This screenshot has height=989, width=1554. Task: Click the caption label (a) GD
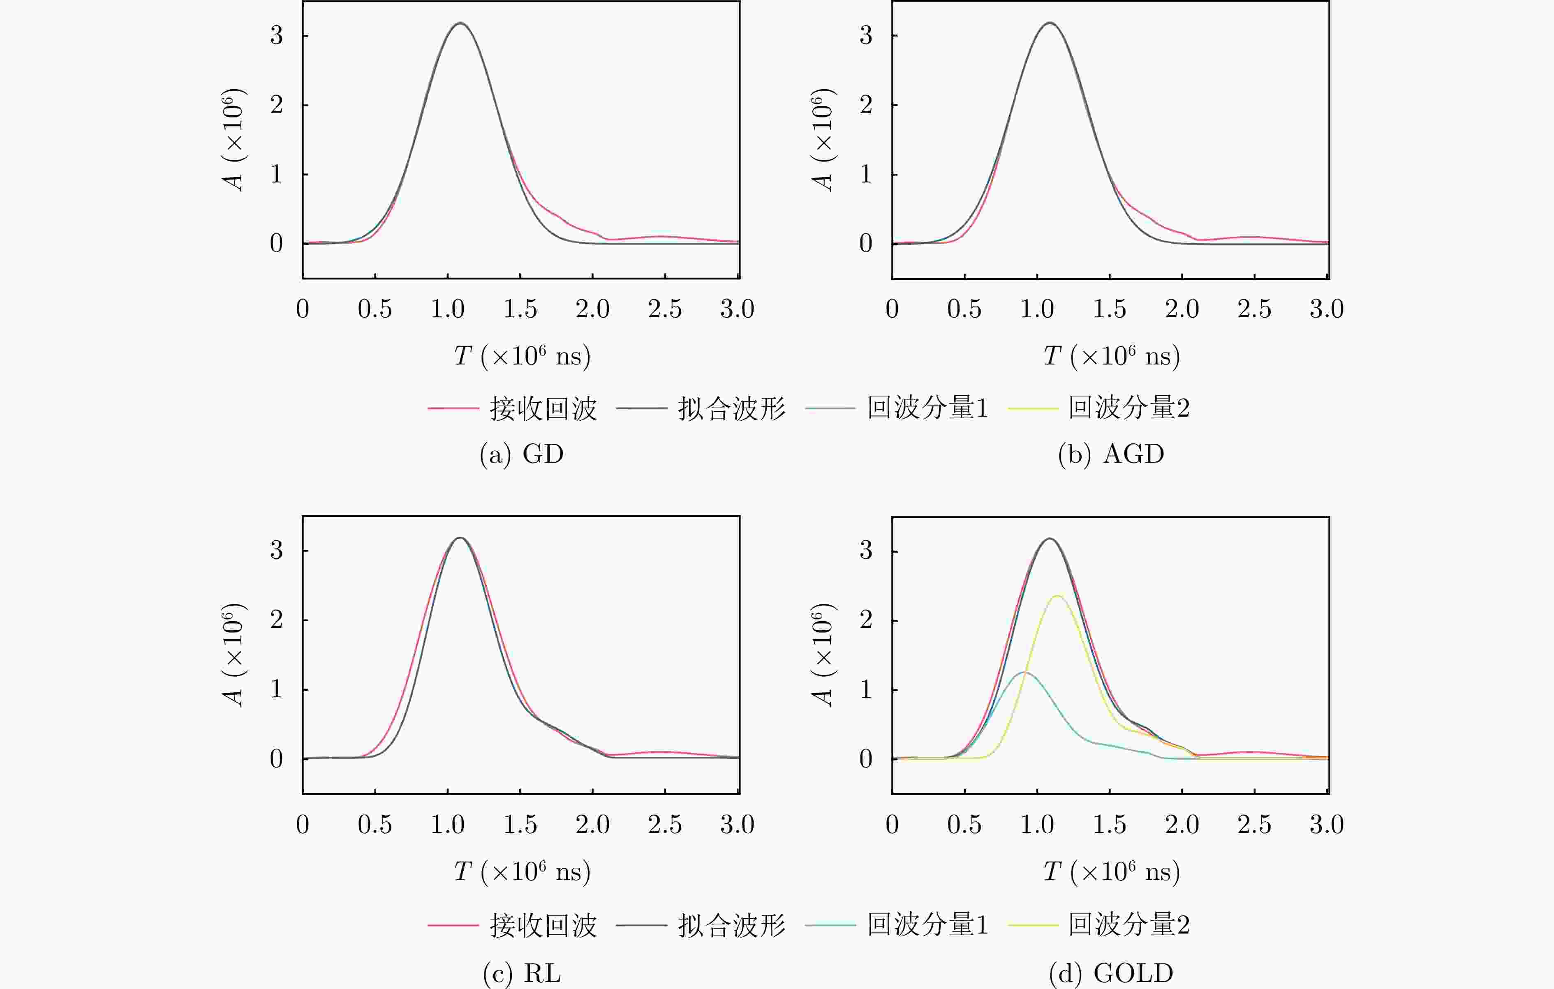point(521,454)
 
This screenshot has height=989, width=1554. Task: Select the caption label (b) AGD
point(1111,454)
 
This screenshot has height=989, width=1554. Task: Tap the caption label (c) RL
point(521,973)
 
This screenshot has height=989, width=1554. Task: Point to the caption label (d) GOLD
point(1111,973)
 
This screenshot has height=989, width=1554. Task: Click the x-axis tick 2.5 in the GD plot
point(665,309)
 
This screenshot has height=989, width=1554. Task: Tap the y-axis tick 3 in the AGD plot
point(866,35)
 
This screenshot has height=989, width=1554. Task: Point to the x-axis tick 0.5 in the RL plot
point(375,825)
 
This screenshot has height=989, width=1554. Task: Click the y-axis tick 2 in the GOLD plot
point(866,620)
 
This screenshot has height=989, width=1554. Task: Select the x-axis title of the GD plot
point(521,355)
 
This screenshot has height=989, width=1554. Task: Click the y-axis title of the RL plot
point(233,655)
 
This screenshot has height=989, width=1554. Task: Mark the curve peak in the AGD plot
point(1050,23)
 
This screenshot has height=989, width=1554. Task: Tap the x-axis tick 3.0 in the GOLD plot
point(1326,825)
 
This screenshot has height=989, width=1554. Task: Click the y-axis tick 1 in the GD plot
point(276,174)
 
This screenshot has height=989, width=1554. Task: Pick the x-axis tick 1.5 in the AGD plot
point(1109,309)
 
